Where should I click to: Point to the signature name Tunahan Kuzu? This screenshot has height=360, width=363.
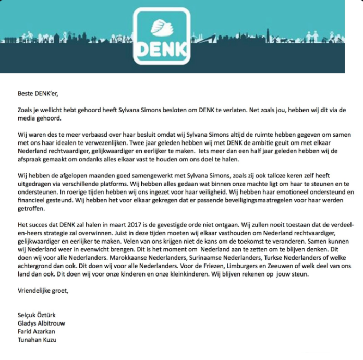(38, 340)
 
